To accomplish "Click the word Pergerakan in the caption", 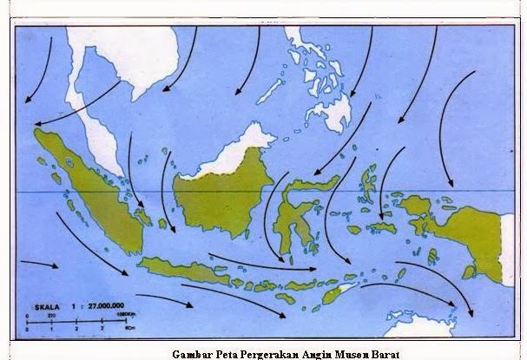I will coord(261,353).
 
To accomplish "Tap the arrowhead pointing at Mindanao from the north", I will coord(351,94).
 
